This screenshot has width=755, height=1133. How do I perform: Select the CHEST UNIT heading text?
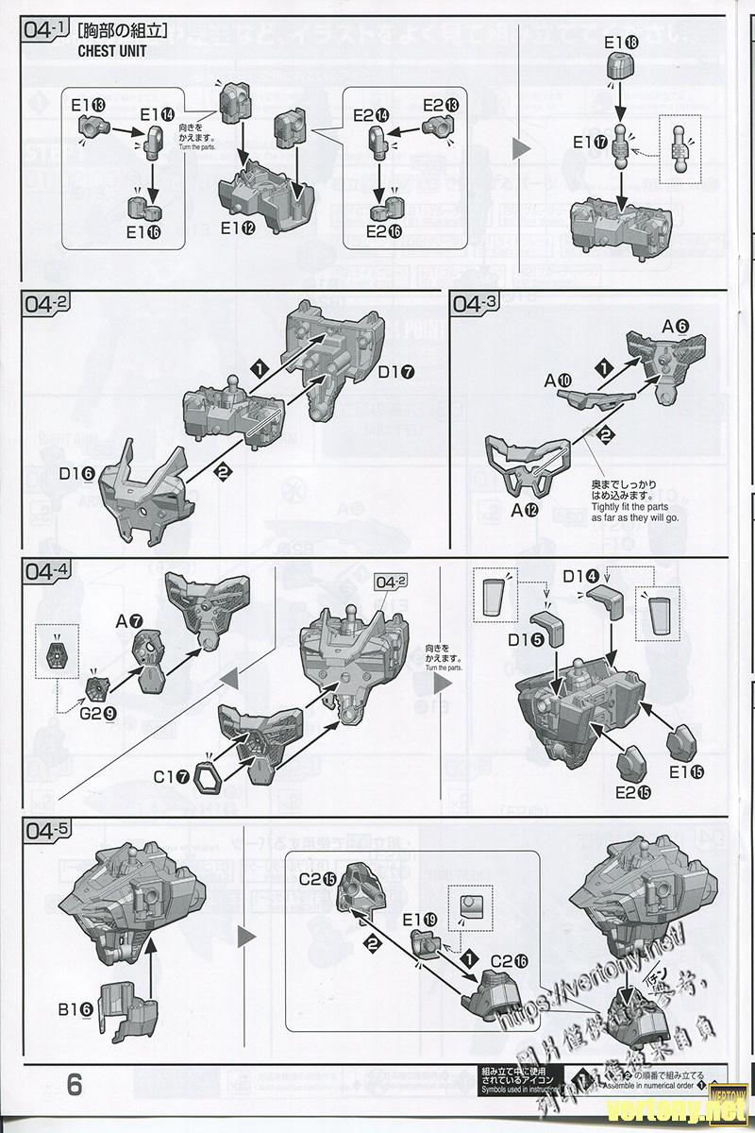[x=112, y=51]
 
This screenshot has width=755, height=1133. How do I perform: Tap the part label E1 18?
[x=621, y=42]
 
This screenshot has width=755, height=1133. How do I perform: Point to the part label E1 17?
[x=590, y=143]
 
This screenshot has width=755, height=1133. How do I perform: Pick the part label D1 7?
[x=397, y=371]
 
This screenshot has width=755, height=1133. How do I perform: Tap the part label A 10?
[x=558, y=380]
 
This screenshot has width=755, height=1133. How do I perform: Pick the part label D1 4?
[x=580, y=576]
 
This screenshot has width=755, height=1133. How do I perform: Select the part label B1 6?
[x=75, y=1009]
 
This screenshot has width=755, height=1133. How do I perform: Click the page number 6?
[x=75, y=1084]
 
